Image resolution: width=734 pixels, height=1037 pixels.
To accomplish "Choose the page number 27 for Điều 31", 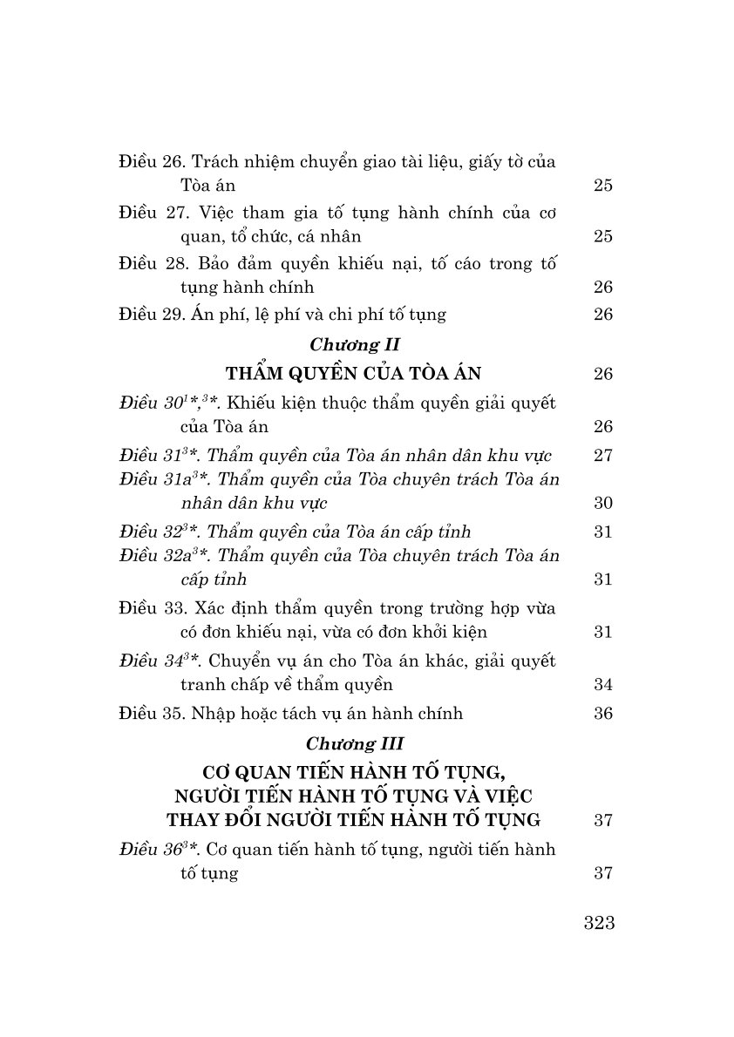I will pos(603,456).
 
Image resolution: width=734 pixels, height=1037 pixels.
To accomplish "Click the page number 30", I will pos(603,504).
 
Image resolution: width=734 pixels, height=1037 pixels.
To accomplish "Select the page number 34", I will pos(603,685).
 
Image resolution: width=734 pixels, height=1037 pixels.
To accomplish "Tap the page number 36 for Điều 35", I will pos(603,714).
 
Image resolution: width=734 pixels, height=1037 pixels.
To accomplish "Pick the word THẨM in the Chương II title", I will pos(254,374).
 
